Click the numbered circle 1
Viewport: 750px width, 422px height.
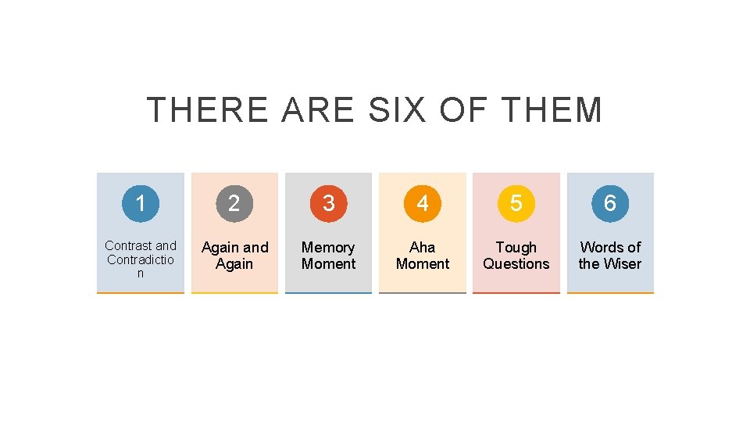point(141,203)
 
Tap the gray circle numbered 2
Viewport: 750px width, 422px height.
point(234,203)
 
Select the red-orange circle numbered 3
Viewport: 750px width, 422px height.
point(328,203)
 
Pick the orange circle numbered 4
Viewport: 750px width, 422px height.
point(422,203)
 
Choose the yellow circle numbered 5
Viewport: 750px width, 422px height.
point(516,203)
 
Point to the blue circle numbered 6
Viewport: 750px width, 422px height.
point(609,203)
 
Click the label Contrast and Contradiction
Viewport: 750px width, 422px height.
point(141,259)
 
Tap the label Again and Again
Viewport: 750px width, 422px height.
point(234,256)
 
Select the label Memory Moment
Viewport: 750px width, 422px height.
point(328,256)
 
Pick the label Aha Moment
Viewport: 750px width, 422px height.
point(422,256)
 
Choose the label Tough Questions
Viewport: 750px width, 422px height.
point(516,256)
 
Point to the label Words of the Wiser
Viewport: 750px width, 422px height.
point(609,256)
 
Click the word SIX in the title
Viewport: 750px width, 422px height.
point(397,110)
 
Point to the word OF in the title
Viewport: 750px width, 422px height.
point(464,110)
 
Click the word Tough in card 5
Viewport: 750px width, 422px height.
point(516,248)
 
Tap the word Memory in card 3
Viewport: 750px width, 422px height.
point(328,248)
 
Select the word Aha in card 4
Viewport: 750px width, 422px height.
point(422,248)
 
